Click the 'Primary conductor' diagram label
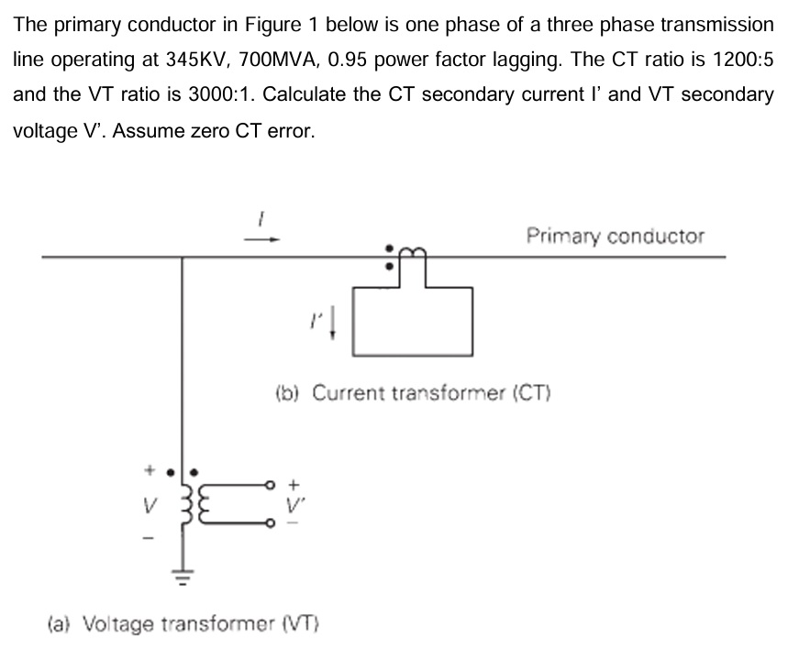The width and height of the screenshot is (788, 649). tap(616, 236)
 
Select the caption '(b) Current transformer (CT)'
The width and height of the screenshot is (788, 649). tap(412, 393)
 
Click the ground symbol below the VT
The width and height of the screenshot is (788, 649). tap(183, 577)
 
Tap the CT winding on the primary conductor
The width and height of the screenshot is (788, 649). tap(410, 251)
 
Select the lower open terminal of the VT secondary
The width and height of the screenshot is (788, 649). tap(270, 524)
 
